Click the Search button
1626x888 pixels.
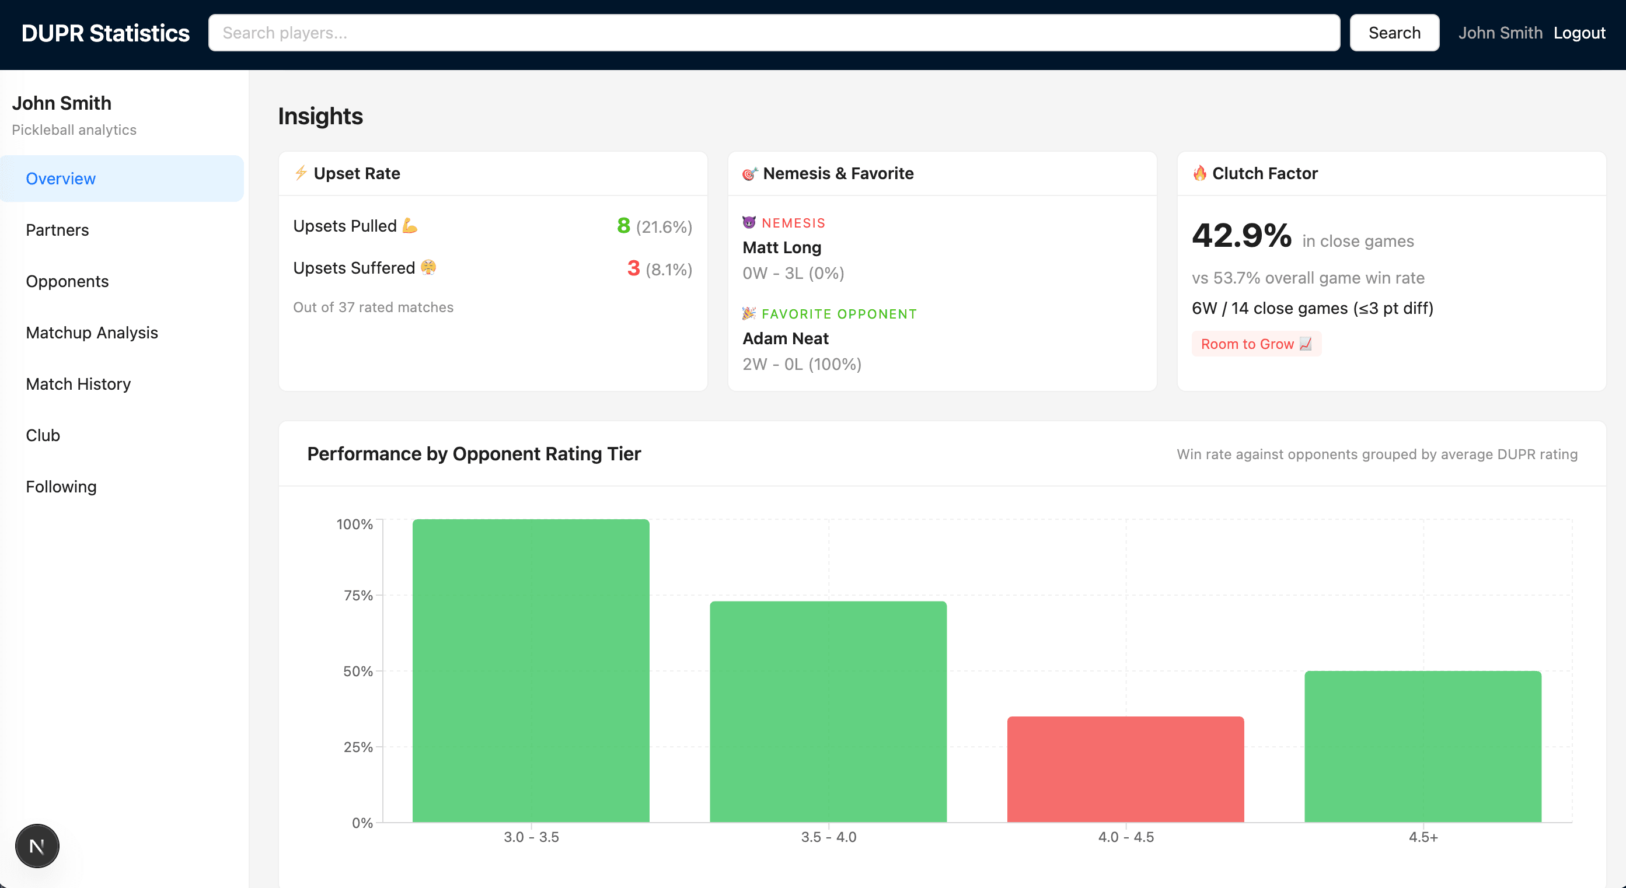(1394, 33)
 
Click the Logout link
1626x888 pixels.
(1579, 33)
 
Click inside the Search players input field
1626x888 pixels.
(773, 33)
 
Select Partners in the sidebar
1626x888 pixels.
(57, 230)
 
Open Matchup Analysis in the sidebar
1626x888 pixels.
(92, 333)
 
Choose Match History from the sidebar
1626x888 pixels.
(78, 384)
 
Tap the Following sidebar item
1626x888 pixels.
(61, 487)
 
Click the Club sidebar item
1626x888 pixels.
(43, 435)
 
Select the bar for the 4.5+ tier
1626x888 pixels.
(1422, 746)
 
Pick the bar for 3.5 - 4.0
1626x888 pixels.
(828, 711)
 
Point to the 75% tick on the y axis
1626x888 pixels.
(358, 595)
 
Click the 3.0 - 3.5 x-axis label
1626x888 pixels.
(531, 837)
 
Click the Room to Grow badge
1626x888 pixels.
(1255, 344)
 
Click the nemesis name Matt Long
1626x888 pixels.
(781, 247)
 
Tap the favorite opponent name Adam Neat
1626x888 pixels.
(785, 338)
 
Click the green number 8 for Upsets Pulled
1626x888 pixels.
(623, 225)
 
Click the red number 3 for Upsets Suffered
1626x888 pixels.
(633, 268)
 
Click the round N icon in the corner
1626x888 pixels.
(37, 846)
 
